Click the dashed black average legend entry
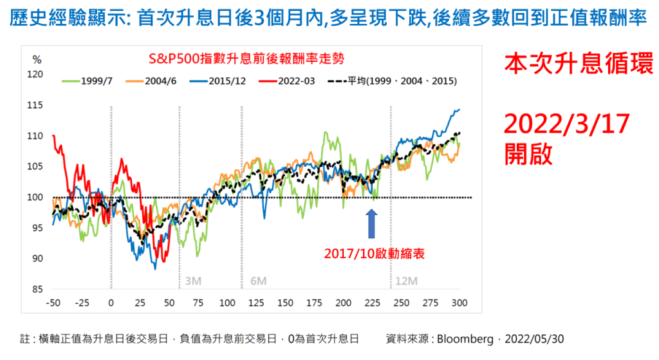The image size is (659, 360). tap(393, 81)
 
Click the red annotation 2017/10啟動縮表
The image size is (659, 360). tap(372, 254)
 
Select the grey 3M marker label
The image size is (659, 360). tap(192, 281)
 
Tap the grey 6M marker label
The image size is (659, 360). tap(257, 281)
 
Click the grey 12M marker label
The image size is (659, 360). tap(405, 281)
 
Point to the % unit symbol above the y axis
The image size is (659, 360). tap(37, 59)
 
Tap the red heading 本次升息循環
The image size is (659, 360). tap(570, 64)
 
